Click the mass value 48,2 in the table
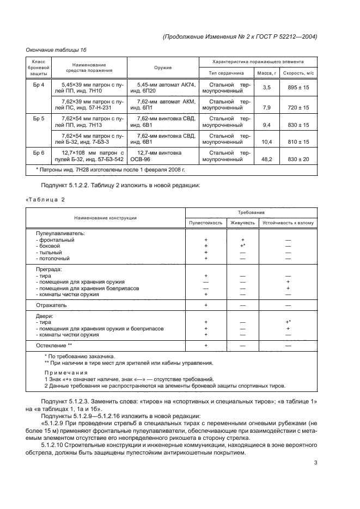tap(266, 160)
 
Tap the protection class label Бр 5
tap(39, 118)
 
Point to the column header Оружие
tap(163, 68)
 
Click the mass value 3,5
tap(266, 87)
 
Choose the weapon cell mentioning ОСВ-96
tap(163, 156)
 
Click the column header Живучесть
tap(243, 223)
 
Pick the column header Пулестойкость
tap(205, 223)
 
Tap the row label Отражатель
tap(51, 305)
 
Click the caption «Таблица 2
tap(45, 199)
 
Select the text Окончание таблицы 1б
tap(53, 50)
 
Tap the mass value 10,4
tap(266, 141)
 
